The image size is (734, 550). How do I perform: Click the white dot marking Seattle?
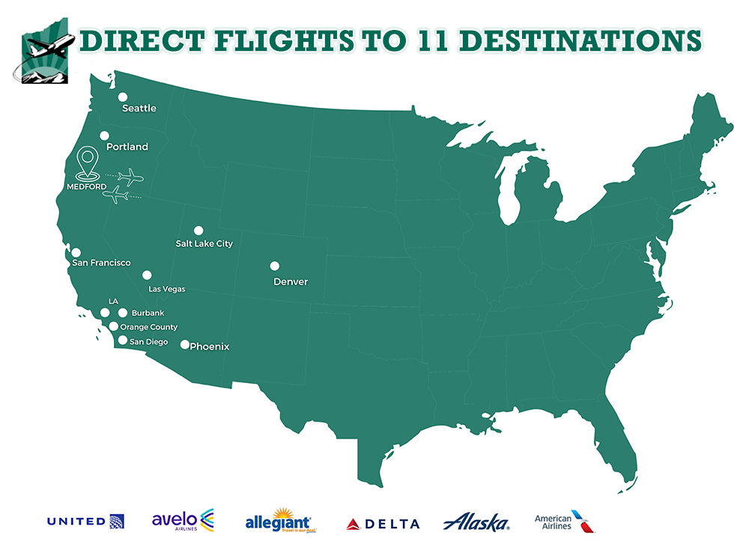[123, 97]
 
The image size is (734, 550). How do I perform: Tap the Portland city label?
[127, 147]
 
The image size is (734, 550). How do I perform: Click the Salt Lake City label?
[204, 244]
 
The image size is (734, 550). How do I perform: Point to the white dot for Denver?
[275, 266]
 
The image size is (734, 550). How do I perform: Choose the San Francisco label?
[101, 263]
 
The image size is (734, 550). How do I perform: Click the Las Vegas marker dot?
[147, 275]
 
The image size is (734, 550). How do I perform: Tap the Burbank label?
[148, 313]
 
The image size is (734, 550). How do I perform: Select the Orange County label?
[149, 327]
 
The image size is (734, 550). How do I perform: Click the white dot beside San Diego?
[123, 340]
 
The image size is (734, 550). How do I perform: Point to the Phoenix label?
[210, 346]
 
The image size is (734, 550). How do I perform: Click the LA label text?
[113, 301]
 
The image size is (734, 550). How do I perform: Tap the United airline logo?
[85, 522]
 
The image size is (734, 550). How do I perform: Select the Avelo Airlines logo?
[183, 521]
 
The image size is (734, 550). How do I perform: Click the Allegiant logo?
[279, 521]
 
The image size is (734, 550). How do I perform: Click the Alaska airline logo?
[476, 522]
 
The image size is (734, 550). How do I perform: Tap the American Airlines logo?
[565, 522]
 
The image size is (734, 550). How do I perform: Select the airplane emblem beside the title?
[45, 50]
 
